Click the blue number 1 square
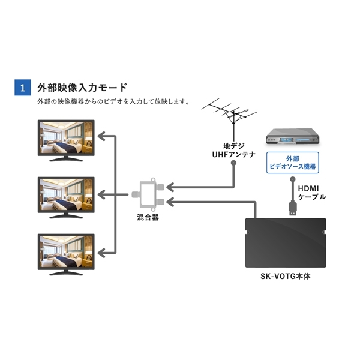pos(23,88)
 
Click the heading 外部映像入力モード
pos(82,88)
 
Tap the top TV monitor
pos(66,140)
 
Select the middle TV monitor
pos(66,197)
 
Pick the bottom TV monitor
pos(66,254)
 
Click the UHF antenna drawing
pos(230,119)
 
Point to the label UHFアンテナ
pos(234,155)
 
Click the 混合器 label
pos(148,217)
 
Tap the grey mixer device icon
pos(148,194)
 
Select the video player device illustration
pos(293,137)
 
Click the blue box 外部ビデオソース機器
pos(293,163)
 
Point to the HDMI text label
pos(308,189)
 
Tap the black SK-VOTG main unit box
pos(286,243)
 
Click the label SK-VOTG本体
pos(286,277)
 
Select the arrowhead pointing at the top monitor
pos(101,136)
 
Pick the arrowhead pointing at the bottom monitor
pos(101,253)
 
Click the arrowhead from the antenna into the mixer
pos(170,187)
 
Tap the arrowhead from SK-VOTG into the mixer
pos(170,202)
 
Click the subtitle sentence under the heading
pos(113,102)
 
